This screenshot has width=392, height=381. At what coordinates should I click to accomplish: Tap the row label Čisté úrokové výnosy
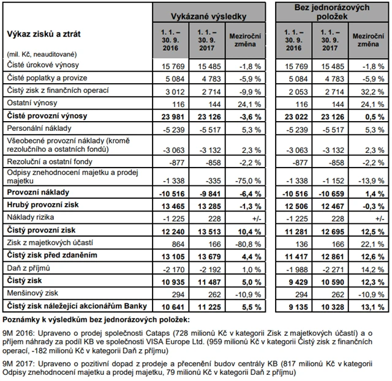coord(41,64)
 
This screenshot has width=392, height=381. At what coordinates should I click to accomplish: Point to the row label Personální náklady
coord(37,128)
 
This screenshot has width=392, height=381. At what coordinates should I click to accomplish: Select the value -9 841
coord(206,193)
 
